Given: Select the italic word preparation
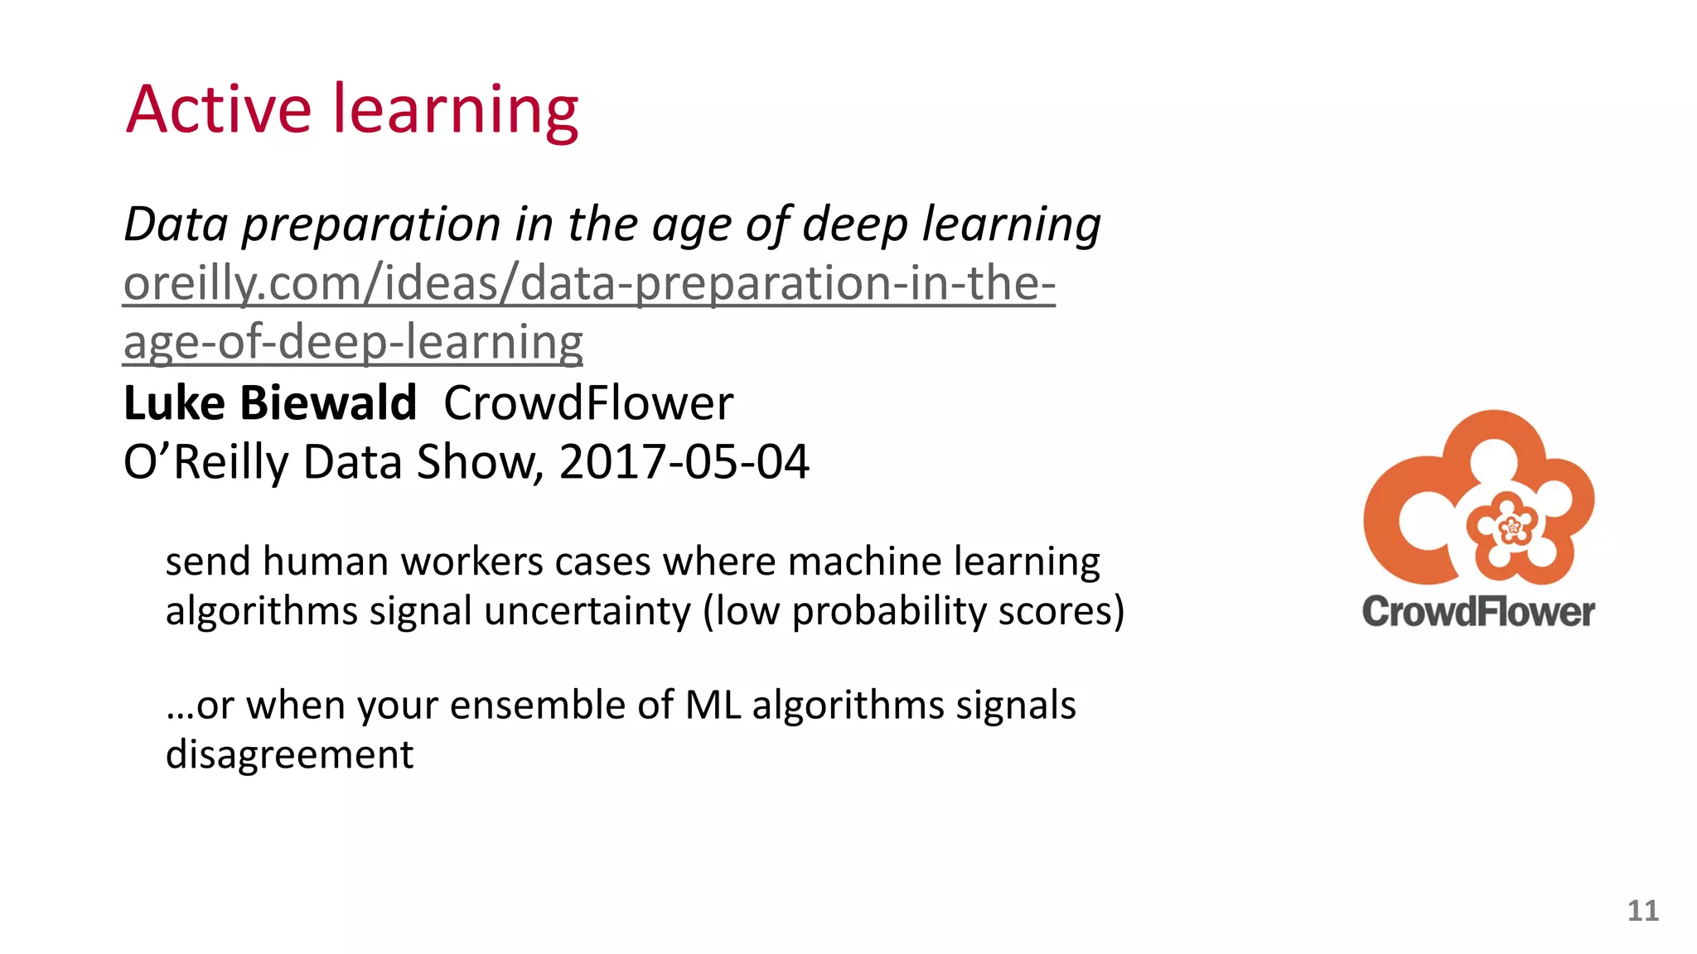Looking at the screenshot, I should pos(371,225).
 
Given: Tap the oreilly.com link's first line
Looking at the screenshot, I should pos(588,283).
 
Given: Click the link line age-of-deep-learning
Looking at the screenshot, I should pos(353,343).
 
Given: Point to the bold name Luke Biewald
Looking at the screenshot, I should pos(269,403).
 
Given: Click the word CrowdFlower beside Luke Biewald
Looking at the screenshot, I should pos(588,403).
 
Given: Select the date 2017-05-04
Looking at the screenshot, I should pos(684,462).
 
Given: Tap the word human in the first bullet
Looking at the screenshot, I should pos(326,561).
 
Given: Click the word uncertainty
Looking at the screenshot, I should pos(587,611).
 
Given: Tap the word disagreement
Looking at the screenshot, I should pos(289,754).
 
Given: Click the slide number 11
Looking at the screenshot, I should pos(1642,911).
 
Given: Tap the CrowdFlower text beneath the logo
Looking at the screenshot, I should pos(1478,612).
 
